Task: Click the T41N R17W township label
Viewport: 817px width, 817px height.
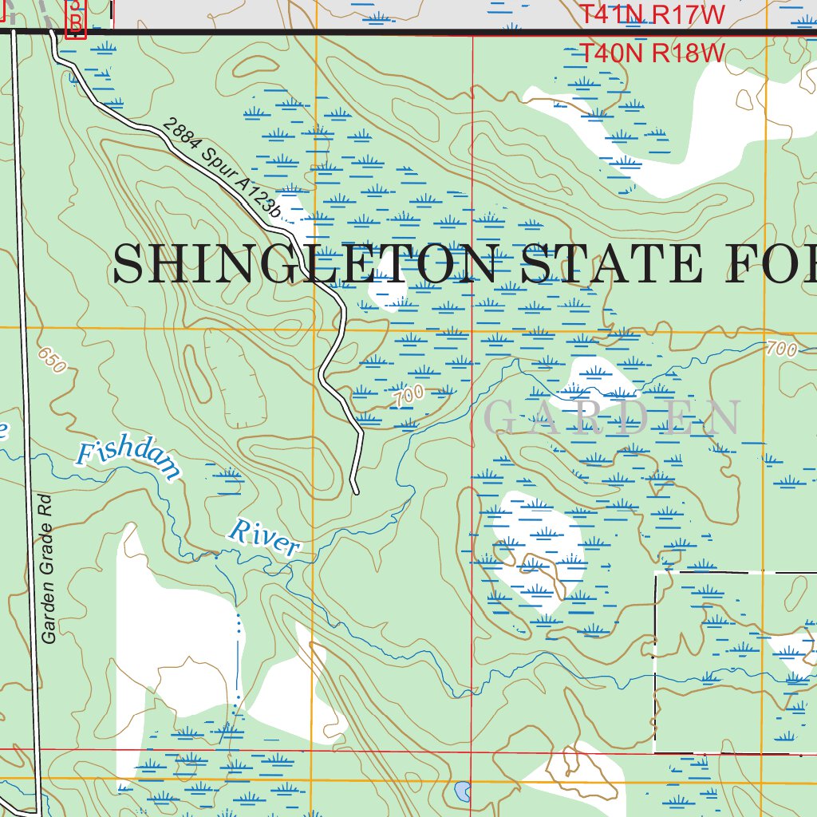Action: [651, 14]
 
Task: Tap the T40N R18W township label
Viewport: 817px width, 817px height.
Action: [651, 53]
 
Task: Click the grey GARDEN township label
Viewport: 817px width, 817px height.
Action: [613, 418]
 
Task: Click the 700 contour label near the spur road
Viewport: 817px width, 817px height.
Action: [408, 395]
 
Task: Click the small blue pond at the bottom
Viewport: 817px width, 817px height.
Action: [462, 791]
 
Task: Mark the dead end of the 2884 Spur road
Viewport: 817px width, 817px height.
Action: [356, 491]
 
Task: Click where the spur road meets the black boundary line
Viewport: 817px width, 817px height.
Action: [53, 33]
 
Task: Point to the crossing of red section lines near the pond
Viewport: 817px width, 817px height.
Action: [472, 752]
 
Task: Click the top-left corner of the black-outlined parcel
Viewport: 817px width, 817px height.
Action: [656, 572]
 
